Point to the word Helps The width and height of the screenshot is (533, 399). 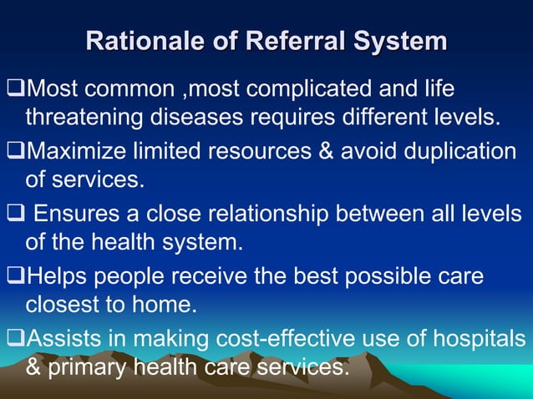click(x=57, y=276)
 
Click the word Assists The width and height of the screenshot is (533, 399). click(x=62, y=338)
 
